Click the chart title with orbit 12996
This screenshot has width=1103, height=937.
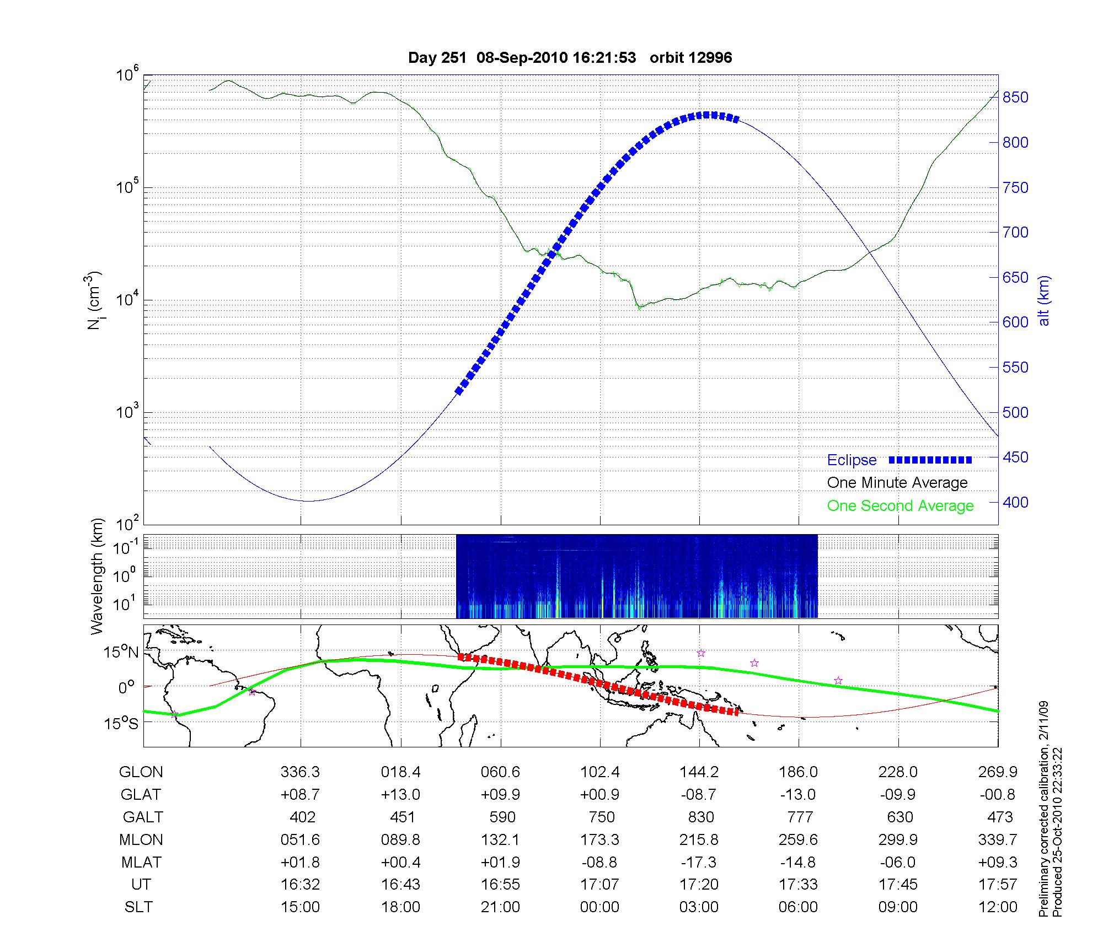click(570, 58)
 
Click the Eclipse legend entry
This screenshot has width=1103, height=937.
click(852, 460)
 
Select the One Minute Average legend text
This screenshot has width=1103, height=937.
click(897, 483)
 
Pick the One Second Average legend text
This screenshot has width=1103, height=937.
click(900, 506)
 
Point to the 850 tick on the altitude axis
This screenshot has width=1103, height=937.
click(1015, 98)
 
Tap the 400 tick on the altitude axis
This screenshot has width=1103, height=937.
click(1015, 502)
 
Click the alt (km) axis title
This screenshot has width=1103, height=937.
click(1045, 300)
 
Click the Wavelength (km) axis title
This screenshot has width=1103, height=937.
click(97, 577)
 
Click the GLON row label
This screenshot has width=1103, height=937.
click(141, 772)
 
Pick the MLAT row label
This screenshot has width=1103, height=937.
click(141, 862)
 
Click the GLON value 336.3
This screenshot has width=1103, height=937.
click(300, 772)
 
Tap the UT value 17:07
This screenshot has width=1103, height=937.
click(599, 885)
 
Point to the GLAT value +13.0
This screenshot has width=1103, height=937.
click(400, 794)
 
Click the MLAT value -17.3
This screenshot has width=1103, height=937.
click(699, 862)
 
